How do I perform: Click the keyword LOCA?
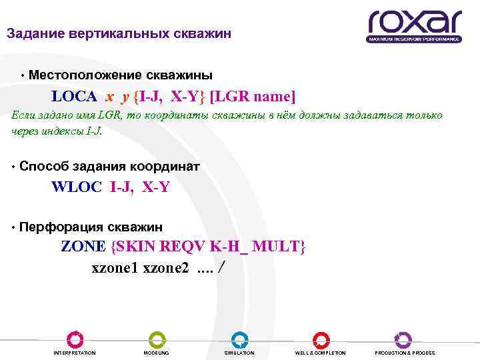pos(74,96)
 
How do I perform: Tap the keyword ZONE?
pos(83,246)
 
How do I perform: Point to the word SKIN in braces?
pos(133,246)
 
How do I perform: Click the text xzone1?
pos(115,268)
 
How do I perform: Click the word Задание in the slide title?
pos(33,34)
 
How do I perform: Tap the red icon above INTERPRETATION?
pos(75,339)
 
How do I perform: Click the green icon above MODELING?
pos(157,339)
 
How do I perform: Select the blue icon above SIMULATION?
pos(239,339)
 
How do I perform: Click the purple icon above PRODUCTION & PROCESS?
pos(403,339)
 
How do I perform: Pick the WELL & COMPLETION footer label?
pos(321,353)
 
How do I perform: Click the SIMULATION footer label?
pos(239,353)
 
